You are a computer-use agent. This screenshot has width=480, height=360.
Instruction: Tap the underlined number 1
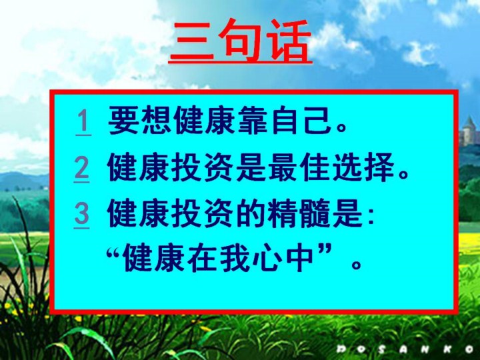(83, 122)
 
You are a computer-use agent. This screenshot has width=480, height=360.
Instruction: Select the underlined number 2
(82, 169)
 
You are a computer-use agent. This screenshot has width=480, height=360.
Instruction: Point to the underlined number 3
(82, 214)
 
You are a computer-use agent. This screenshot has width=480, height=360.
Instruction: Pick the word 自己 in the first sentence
(301, 120)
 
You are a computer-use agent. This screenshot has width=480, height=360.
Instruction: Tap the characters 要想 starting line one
(139, 120)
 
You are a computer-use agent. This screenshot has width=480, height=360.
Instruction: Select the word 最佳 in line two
(300, 167)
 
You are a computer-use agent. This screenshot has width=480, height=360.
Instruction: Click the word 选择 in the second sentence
(364, 167)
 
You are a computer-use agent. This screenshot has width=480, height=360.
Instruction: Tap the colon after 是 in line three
(371, 217)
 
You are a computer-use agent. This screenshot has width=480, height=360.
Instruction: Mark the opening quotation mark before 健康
(115, 253)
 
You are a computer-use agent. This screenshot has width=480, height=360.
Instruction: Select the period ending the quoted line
(356, 264)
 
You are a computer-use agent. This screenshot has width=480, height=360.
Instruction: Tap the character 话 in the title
(289, 41)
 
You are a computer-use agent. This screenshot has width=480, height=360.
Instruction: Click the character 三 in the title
(192, 41)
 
